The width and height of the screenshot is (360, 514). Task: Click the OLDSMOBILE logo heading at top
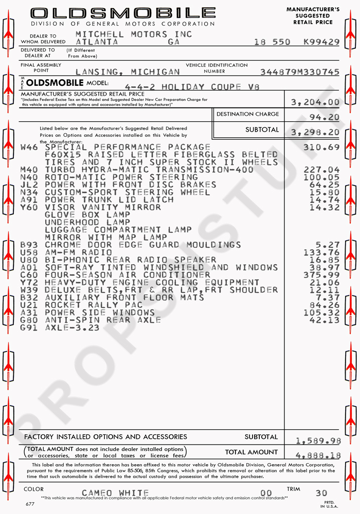click(x=122, y=13)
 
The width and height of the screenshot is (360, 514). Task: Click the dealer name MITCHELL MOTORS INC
click(x=134, y=34)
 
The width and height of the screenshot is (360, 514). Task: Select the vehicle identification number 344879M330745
click(x=300, y=72)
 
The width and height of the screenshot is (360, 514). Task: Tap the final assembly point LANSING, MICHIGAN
click(x=128, y=72)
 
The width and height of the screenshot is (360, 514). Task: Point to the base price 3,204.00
click(x=315, y=102)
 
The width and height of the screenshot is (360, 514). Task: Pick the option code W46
click(x=29, y=147)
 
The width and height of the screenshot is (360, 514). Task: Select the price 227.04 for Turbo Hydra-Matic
click(x=321, y=170)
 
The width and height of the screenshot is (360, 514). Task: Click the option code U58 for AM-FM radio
click(x=29, y=252)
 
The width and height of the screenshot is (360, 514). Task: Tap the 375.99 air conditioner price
click(x=321, y=275)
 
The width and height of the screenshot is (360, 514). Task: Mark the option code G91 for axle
click(x=29, y=327)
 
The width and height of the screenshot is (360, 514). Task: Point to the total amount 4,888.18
click(x=318, y=455)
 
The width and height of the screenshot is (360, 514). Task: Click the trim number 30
click(x=321, y=493)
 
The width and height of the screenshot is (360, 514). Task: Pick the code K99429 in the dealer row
click(x=321, y=42)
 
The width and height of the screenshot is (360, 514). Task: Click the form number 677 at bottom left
click(x=30, y=504)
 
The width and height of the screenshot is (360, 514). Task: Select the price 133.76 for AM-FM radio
click(x=321, y=252)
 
